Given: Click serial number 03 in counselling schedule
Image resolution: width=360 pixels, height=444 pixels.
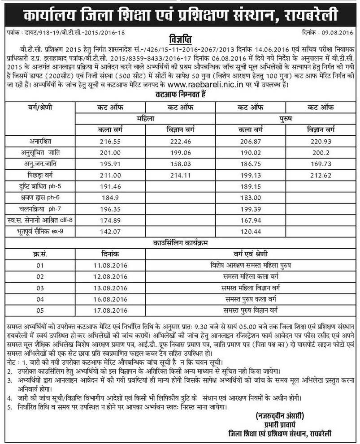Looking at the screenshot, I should [40, 288].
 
